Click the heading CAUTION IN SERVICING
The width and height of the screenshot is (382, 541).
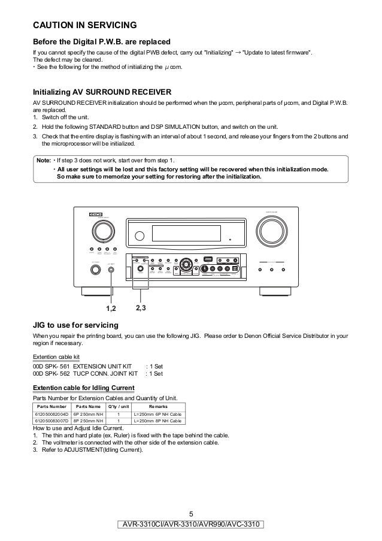85,25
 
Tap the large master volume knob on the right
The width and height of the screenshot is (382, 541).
272,229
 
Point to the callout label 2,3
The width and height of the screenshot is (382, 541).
144,309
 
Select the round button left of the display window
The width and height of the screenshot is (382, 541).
140,234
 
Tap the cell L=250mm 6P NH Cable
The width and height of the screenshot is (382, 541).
157,414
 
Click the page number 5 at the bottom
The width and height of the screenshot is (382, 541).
191,513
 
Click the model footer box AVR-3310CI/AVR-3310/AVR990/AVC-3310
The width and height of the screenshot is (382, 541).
190,525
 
